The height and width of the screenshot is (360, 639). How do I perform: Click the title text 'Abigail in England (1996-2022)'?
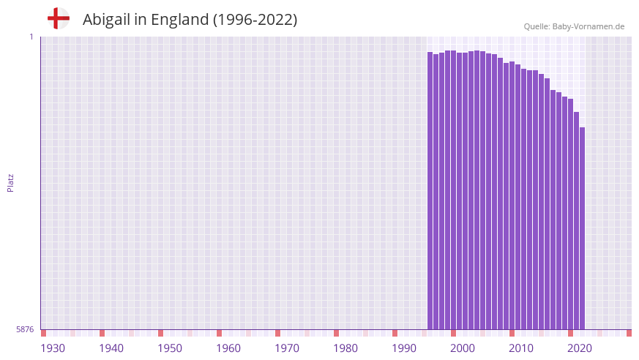pyautogui.click(x=190, y=20)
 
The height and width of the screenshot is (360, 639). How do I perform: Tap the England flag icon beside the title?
pyautogui.click(x=59, y=18)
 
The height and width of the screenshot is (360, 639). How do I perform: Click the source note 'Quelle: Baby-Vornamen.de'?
pyautogui.click(x=574, y=26)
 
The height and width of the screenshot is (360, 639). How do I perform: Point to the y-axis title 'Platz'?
pyautogui.click(x=10, y=182)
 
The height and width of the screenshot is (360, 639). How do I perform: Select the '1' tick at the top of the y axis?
pyautogui.click(x=31, y=37)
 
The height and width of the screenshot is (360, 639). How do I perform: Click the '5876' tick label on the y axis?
pyautogui.click(x=25, y=329)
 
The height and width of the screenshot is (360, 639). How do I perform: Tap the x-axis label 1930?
pyautogui.click(x=53, y=348)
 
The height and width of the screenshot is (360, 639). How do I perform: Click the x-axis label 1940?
pyautogui.click(x=111, y=348)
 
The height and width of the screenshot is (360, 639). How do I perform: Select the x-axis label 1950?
pyautogui.click(x=170, y=348)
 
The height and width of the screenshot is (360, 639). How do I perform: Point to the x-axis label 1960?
pyautogui.click(x=228, y=348)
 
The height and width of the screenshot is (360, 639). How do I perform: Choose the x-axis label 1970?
pyautogui.click(x=287, y=348)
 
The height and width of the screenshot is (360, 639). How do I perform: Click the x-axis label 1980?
pyautogui.click(x=345, y=348)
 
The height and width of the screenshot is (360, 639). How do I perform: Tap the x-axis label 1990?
pyautogui.click(x=404, y=348)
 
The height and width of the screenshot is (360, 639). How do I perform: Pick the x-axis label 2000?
pyautogui.click(x=463, y=348)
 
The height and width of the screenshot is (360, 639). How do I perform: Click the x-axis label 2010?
pyautogui.click(x=521, y=348)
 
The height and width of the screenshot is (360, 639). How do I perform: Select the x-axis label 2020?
pyautogui.click(x=580, y=348)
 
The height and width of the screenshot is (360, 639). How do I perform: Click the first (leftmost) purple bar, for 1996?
pyautogui.click(x=430, y=190)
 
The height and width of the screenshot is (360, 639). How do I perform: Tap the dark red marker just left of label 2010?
pyautogui.click(x=512, y=333)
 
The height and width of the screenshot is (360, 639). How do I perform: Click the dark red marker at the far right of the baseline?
pyautogui.click(x=629, y=333)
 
